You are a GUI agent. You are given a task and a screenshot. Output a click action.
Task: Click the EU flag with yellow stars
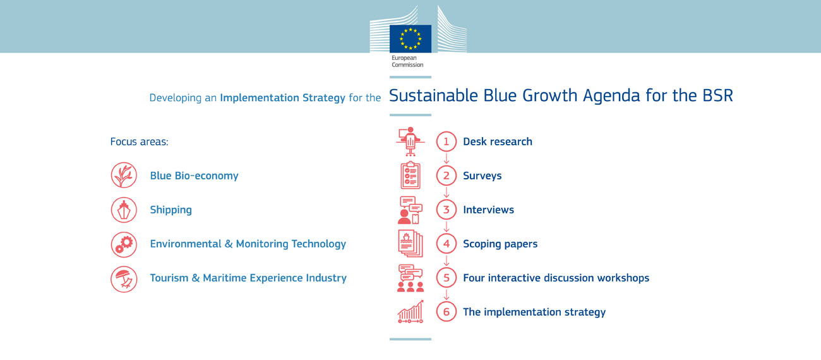pyautogui.click(x=410, y=39)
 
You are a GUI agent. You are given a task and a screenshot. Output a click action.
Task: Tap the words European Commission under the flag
pyautogui.click(x=407, y=61)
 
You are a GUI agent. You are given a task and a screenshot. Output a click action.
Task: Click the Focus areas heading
pyautogui.click(x=140, y=141)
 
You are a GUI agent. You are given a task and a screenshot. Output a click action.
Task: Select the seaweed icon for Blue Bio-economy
pyautogui.click(x=124, y=175)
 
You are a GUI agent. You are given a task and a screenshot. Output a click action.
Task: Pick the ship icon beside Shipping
pyautogui.click(x=124, y=210)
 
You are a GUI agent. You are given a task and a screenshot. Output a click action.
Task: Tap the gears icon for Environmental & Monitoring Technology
pyautogui.click(x=124, y=244)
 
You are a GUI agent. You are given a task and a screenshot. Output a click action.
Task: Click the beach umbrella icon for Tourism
pyautogui.click(x=124, y=279)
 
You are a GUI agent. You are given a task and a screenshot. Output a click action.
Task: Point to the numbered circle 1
pyautogui.click(x=446, y=141)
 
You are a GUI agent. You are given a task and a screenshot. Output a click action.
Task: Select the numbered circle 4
pyautogui.click(x=446, y=244)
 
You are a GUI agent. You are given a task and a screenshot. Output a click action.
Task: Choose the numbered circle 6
pyautogui.click(x=446, y=311)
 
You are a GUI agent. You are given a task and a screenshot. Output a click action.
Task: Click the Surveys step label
pyautogui.click(x=482, y=176)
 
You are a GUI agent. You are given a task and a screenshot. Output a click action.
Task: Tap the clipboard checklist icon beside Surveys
pyautogui.click(x=410, y=175)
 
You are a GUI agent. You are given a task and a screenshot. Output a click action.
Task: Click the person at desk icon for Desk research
pyautogui.click(x=410, y=141)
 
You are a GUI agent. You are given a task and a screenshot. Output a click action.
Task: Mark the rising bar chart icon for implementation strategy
pyautogui.click(x=410, y=311)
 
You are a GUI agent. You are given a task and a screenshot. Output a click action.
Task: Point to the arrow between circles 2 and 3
pyautogui.click(x=446, y=193)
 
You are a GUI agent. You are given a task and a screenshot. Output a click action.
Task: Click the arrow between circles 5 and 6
pyautogui.click(x=446, y=295)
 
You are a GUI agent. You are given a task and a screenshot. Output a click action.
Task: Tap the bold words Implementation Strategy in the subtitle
pyautogui.click(x=282, y=98)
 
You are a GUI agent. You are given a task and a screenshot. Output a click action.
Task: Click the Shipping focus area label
pyautogui.click(x=171, y=210)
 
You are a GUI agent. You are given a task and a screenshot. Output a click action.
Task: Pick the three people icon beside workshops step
pyautogui.click(x=410, y=279)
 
